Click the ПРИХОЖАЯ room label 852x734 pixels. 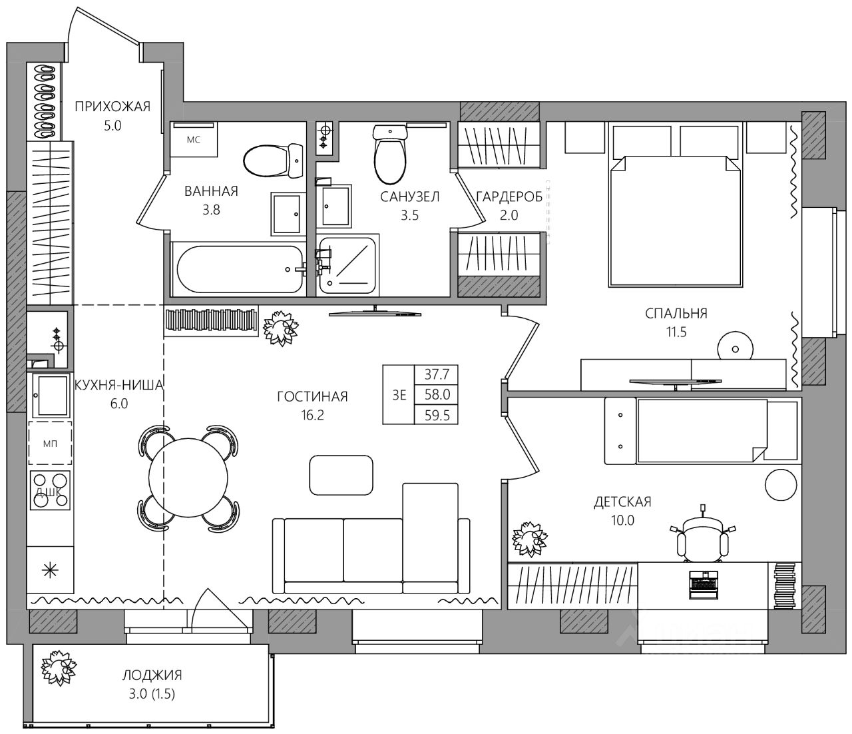pyautogui.click(x=112, y=107)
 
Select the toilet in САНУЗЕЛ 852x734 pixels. pyautogui.click(x=390, y=155)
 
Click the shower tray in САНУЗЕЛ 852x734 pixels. pyautogui.click(x=348, y=264)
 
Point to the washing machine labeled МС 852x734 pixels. pyautogui.click(x=194, y=140)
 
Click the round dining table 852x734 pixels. pyautogui.click(x=188, y=478)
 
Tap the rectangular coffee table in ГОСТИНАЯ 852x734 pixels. pyautogui.click(x=341, y=475)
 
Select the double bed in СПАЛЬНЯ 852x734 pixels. pyautogui.click(x=675, y=220)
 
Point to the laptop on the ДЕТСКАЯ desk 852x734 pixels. pyautogui.click(x=704, y=584)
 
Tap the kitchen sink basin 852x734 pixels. pyautogui.click(x=53, y=396)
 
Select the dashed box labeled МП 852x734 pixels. pyautogui.click(x=51, y=444)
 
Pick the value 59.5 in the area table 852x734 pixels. pyautogui.click(x=437, y=415)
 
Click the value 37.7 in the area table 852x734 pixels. pyautogui.click(x=437, y=375)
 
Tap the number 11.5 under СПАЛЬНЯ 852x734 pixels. pyautogui.click(x=676, y=332)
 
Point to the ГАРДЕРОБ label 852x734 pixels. pyautogui.click(x=509, y=197)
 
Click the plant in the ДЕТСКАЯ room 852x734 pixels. pyautogui.click(x=530, y=540)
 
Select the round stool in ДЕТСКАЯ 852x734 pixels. pyautogui.click(x=781, y=484)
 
